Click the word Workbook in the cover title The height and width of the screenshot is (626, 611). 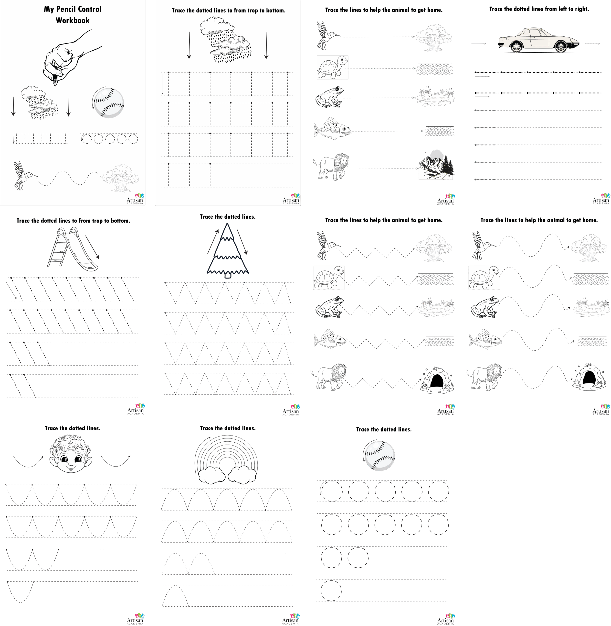[73, 20]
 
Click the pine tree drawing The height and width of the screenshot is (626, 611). [228, 250]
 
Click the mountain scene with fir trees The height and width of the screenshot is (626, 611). [436, 165]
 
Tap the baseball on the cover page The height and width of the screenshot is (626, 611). [108, 102]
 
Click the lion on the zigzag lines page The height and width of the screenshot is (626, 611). [329, 377]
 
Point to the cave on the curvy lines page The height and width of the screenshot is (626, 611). [589, 377]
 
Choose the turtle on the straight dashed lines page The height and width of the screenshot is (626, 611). [332, 67]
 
